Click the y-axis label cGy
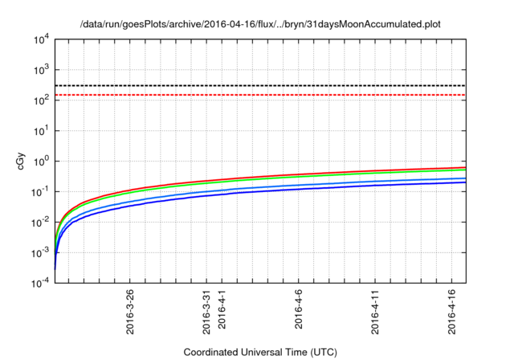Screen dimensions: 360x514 coord(22,161)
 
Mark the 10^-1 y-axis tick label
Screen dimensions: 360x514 coord(39,191)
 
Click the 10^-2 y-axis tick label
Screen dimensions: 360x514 coord(39,222)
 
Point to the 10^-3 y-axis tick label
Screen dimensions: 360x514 coord(39,252)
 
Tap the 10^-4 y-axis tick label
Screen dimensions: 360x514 coord(39,282)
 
